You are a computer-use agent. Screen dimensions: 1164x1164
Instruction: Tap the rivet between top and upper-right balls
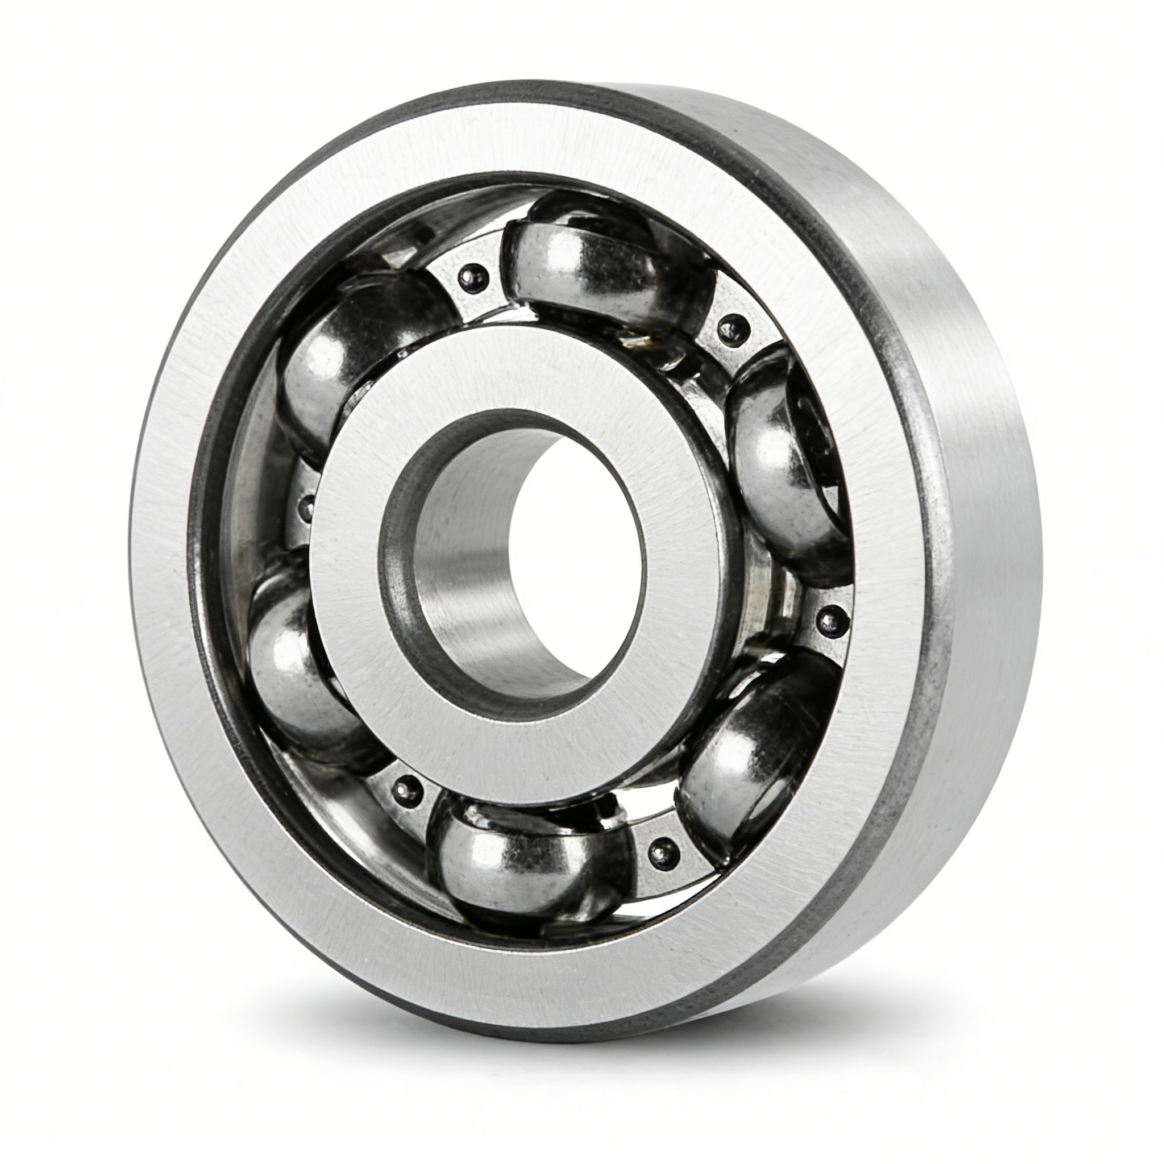pyautogui.click(x=733, y=329)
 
